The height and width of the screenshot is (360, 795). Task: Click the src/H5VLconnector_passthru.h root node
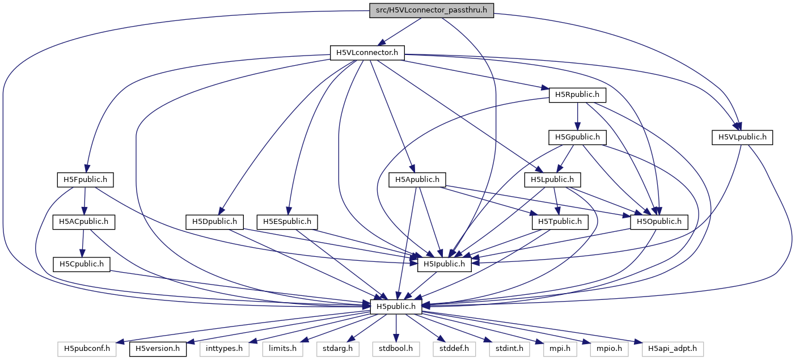pos(432,10)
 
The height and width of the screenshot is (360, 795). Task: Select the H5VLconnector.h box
pos(367,53)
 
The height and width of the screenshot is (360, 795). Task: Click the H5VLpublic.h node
pos(742,137)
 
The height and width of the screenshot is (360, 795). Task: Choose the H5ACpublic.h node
pos(83,222)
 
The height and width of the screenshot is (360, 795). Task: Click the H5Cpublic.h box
pos(82,264)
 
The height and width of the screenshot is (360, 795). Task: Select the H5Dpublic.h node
pos(215,222)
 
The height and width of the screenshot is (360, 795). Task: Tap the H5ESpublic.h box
pos(287,222)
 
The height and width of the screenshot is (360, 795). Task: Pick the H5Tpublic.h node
pos(560,222)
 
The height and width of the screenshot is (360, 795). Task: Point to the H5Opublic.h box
pos(659,222)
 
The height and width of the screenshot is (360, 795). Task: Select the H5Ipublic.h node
pos(445,264)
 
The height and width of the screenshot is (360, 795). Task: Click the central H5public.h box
pos(396,307)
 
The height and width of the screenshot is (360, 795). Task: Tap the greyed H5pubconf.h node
pos(87,349)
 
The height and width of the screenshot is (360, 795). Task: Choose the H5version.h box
pos(158,349)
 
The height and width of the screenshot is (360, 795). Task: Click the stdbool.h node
pos(396,349)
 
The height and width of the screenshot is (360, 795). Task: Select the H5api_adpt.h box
pos(673,349)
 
